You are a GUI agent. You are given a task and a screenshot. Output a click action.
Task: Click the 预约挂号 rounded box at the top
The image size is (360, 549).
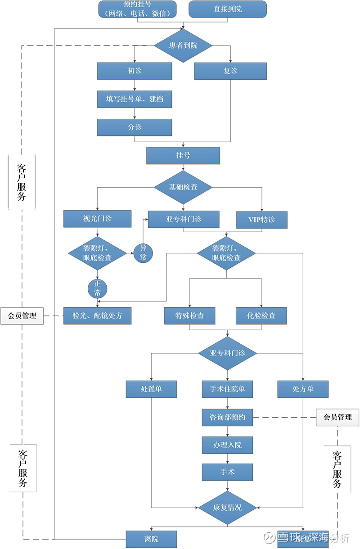coord(137,9)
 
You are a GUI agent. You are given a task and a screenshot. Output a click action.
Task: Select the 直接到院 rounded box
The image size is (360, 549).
coord(228,9)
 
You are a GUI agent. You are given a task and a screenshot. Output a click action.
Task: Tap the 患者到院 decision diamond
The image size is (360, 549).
coord(183,45)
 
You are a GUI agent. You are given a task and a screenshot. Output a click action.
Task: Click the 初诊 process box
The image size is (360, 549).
coord(135,71)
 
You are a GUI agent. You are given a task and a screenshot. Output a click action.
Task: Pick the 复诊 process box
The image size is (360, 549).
coord(230,71)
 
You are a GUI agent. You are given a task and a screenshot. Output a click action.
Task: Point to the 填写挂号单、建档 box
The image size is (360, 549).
coord(135,99)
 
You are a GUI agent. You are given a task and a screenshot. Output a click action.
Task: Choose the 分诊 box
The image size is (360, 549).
coord(135,127)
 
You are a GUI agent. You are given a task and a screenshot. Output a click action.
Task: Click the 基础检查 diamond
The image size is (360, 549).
coord(183,187)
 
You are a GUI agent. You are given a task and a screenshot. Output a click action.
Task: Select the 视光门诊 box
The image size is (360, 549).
coord(97,219)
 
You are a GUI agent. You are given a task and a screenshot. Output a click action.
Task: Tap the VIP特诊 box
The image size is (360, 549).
coord(262,220)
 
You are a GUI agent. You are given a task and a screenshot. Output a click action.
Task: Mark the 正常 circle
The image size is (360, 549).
coord(97,288)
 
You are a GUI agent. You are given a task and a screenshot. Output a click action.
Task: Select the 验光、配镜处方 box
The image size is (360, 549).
coord(97,315)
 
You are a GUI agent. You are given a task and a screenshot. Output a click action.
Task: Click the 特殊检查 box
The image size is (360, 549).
coord(189,316)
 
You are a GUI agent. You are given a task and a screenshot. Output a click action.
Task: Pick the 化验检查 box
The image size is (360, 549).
coord(262,316)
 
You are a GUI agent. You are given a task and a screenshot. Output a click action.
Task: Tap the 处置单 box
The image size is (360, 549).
coord(151,389)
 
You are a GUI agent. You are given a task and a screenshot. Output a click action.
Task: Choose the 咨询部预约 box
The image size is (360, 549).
coord(227,417)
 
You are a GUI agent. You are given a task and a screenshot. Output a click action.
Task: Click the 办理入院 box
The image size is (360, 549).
coord(227,445)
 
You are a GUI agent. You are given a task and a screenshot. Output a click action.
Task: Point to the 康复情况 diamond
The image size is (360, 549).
coord(227,507)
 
